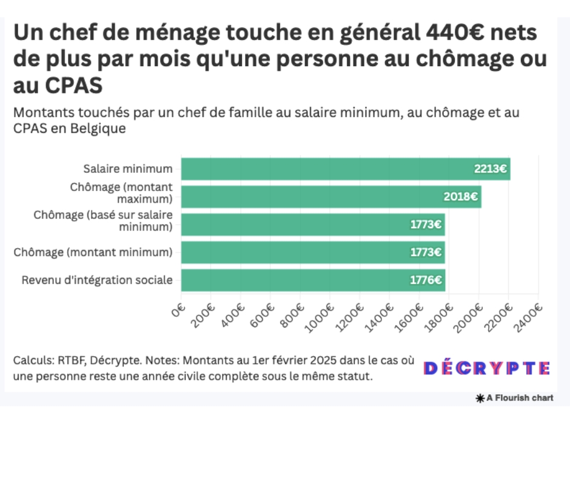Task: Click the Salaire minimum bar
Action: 346,169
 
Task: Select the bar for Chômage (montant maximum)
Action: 331,197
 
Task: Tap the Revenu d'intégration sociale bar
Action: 313,280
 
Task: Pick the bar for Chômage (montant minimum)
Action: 313,252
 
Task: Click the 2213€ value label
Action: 491,169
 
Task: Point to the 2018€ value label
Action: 461,197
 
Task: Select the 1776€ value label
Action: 426,280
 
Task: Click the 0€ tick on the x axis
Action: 179,311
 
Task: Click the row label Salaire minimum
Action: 128,169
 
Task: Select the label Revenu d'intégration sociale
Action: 97,280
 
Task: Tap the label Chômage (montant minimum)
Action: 93,252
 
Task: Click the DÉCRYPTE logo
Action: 487,368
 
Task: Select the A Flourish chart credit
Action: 515,399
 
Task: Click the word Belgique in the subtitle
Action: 98,129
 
